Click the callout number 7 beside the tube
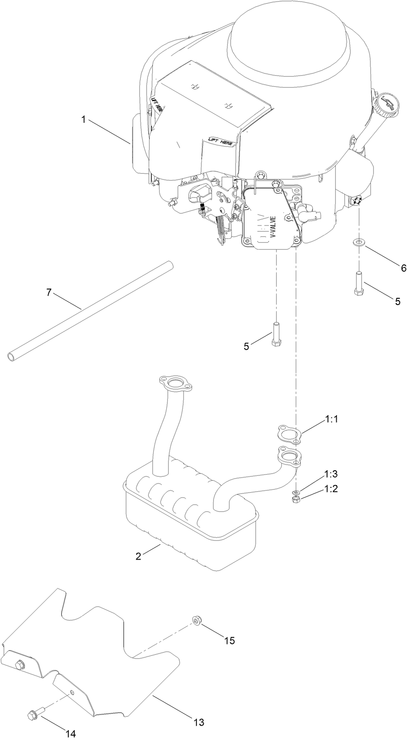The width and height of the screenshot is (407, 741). coord(49,292)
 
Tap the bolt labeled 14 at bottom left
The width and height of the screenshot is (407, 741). coord(34,713)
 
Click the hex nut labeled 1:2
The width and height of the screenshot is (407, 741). coord(296,500)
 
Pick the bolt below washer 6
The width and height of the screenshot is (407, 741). coord(359,283)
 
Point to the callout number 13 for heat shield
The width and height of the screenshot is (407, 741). coord(199,710)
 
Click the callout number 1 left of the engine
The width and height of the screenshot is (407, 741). coord(83,119)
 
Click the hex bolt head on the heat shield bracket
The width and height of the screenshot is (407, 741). coord(19,664)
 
